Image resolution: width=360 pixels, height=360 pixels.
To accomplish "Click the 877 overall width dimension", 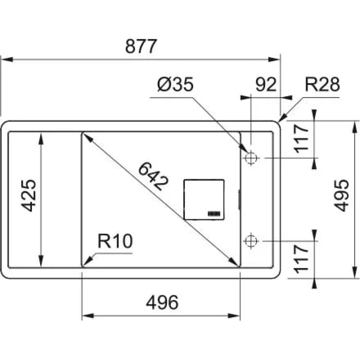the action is pos(141,46).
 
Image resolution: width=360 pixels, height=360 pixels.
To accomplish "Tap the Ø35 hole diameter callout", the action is pos(175,84).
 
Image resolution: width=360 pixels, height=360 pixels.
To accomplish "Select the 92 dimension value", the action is pos(266,84).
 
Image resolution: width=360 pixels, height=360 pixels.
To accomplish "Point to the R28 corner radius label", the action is pos(322,84).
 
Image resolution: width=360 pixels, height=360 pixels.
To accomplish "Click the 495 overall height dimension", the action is pos(342,195).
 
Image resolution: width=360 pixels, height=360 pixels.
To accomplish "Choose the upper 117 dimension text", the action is pos(301,138).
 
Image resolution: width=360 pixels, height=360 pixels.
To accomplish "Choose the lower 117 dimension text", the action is pos(301,259).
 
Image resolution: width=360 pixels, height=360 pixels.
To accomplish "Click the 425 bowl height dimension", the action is pos(29,195).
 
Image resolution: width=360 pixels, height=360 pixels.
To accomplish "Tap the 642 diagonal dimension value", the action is pos(153,176).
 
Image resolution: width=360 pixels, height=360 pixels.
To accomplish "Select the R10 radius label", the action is pos(115,241).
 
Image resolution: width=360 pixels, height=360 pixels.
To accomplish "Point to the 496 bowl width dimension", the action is pos(162,302).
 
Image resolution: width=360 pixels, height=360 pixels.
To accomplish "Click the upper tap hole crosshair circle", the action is pos(251,158).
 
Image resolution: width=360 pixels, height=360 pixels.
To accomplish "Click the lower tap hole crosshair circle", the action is pos(251,241).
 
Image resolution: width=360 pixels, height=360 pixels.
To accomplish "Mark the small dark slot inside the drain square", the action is pos(214,214).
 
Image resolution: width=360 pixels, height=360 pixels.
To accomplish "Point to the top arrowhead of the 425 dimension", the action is pos(41,138).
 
